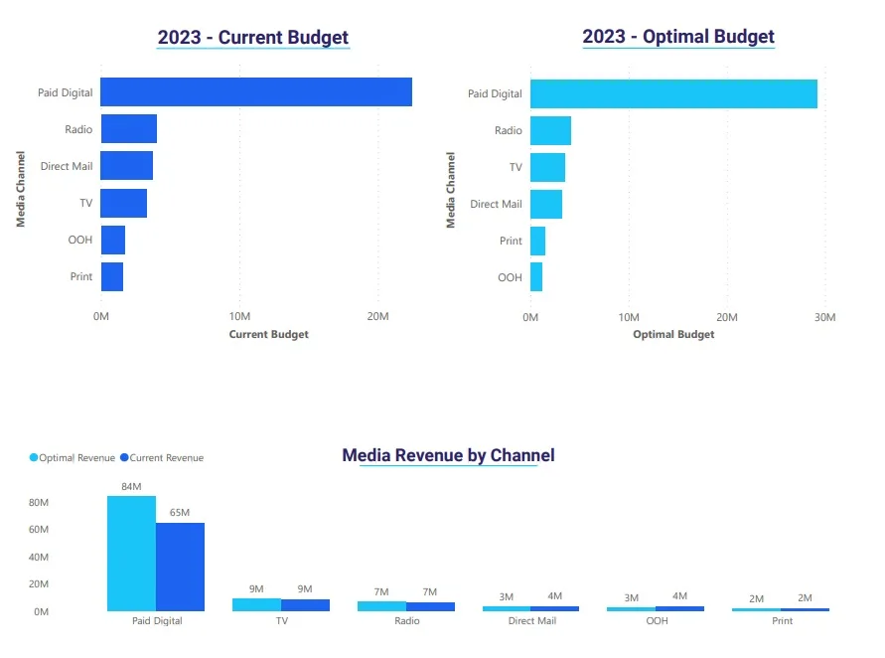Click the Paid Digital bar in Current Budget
click(x=256, y=92)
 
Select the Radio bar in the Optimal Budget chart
click(x=550, y=130)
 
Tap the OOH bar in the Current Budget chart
click(x=112, y=240)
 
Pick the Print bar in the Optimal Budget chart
click(x=537, y=241)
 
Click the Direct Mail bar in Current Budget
click(x=126, y=166)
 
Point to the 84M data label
click(x=131, y=486)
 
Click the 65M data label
click(x=180, y=513)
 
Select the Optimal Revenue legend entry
click(x=74, y=458)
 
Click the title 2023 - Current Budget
click(x=253, y=38)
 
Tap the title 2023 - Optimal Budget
click(x=678, y=37)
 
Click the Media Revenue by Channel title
click(x=448, y=455)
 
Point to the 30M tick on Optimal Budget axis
click(x=824, y=317)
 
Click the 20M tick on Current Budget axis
click(x=376, y=317)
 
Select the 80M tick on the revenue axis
click(x=39, y=503)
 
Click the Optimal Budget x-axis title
click(x=673, y=335)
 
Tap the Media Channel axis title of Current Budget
click(x=20, y=189)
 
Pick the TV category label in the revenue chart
click(x=281, y=621)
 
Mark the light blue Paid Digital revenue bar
click(x=131, y=554)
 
